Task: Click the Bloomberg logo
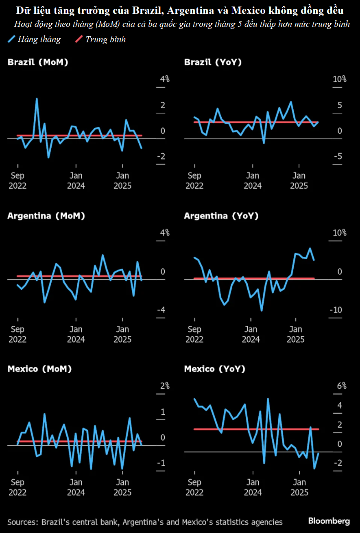tap(329, 521)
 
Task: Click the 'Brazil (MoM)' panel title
tap(37, 62)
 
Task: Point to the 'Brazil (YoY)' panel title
tap(213, 62)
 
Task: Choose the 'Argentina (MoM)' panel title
tap(46, 216)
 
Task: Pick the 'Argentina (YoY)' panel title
tap(221, 216)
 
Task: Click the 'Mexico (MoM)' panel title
tap(39, 369)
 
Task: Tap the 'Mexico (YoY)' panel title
tap(215, 369)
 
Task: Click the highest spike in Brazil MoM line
tap(37, 98)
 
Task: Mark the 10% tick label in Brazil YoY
tap(340, 79)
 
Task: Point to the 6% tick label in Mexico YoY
tap(341, 386)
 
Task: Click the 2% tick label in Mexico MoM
tap(164, 386)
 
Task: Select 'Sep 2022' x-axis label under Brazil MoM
tap(17, 181)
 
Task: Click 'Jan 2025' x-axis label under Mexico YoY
tap(299, 487)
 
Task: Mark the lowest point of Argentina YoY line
tap(262, 310)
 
